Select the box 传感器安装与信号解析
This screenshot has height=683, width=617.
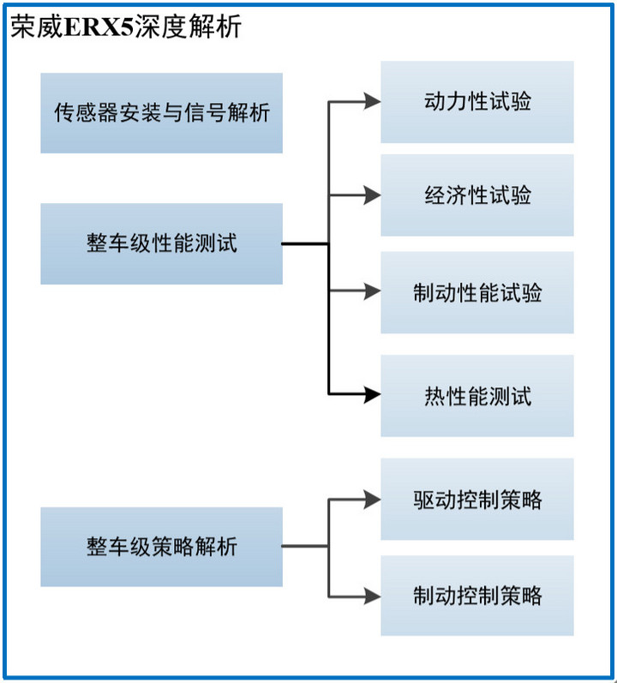[x=161, y=113]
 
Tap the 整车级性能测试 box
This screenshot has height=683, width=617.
[x=161, y=243]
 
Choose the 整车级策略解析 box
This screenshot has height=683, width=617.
[x=161, y=547]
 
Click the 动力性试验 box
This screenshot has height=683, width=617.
[x=477, y=102]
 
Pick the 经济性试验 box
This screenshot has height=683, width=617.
[x=477, y=195]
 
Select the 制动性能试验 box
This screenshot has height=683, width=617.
[x=477, y=293]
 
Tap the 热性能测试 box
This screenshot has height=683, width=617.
[x=477, y=396]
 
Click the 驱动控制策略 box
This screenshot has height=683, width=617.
[x=477, y=500]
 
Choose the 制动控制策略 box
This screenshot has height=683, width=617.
[x=477, y=596]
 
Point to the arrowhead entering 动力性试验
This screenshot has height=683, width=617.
[x=373, y=102]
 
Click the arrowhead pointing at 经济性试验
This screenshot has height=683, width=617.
[x=373, y=195]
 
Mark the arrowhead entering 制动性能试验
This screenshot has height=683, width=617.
[x=373, y=292]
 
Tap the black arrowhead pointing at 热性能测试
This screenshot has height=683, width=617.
[x=373, y=395]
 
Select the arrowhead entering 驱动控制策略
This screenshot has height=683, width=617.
[x=373, y=499]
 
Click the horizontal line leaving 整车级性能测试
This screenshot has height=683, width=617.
[x=305, y=243]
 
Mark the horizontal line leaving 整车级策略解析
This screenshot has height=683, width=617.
[x=305, y=547]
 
